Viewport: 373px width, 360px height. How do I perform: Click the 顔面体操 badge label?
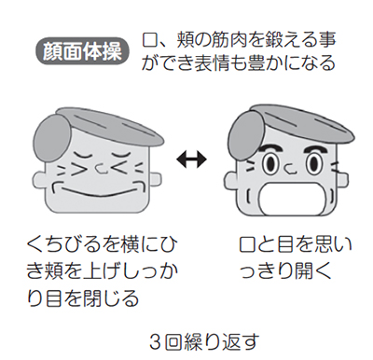point(82,52)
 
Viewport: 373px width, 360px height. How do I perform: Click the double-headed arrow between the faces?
point(191,159)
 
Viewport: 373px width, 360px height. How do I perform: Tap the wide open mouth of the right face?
point(292,199)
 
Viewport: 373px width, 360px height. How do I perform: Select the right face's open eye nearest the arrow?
point(269,162)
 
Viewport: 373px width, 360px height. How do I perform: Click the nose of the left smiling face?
point(100,168)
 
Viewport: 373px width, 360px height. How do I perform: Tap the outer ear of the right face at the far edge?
point(342,180)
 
